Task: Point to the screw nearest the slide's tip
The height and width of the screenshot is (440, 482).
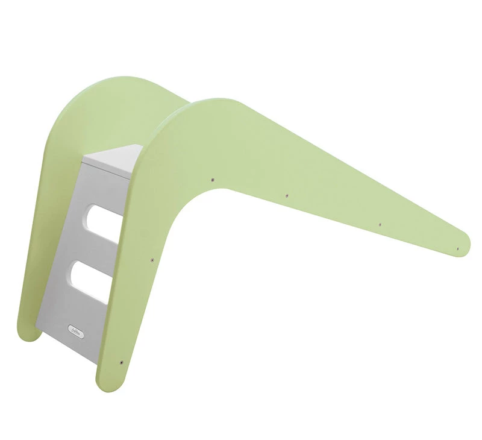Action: pos(457,248)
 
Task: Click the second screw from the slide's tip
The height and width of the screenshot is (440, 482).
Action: pos(380,224)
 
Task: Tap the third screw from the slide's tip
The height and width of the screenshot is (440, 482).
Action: pos(286,196)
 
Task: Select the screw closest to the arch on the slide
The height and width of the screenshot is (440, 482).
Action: pos(213,178)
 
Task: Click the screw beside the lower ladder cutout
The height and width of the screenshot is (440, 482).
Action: pos(152,260)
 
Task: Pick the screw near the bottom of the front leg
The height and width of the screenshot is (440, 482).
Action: pos(122,363)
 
